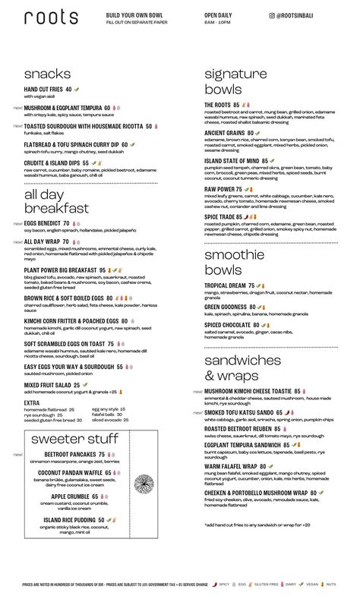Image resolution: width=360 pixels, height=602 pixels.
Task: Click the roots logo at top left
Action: coord(51,17)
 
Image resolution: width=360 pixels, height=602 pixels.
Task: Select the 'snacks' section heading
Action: coord(47,74)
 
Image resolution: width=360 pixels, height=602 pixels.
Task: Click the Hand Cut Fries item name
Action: coord(43,90)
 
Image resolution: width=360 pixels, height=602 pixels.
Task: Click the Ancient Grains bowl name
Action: coord(225,133)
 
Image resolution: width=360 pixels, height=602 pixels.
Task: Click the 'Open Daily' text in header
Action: coord(216,14)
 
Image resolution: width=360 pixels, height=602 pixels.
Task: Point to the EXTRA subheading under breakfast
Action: coord(32,403)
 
